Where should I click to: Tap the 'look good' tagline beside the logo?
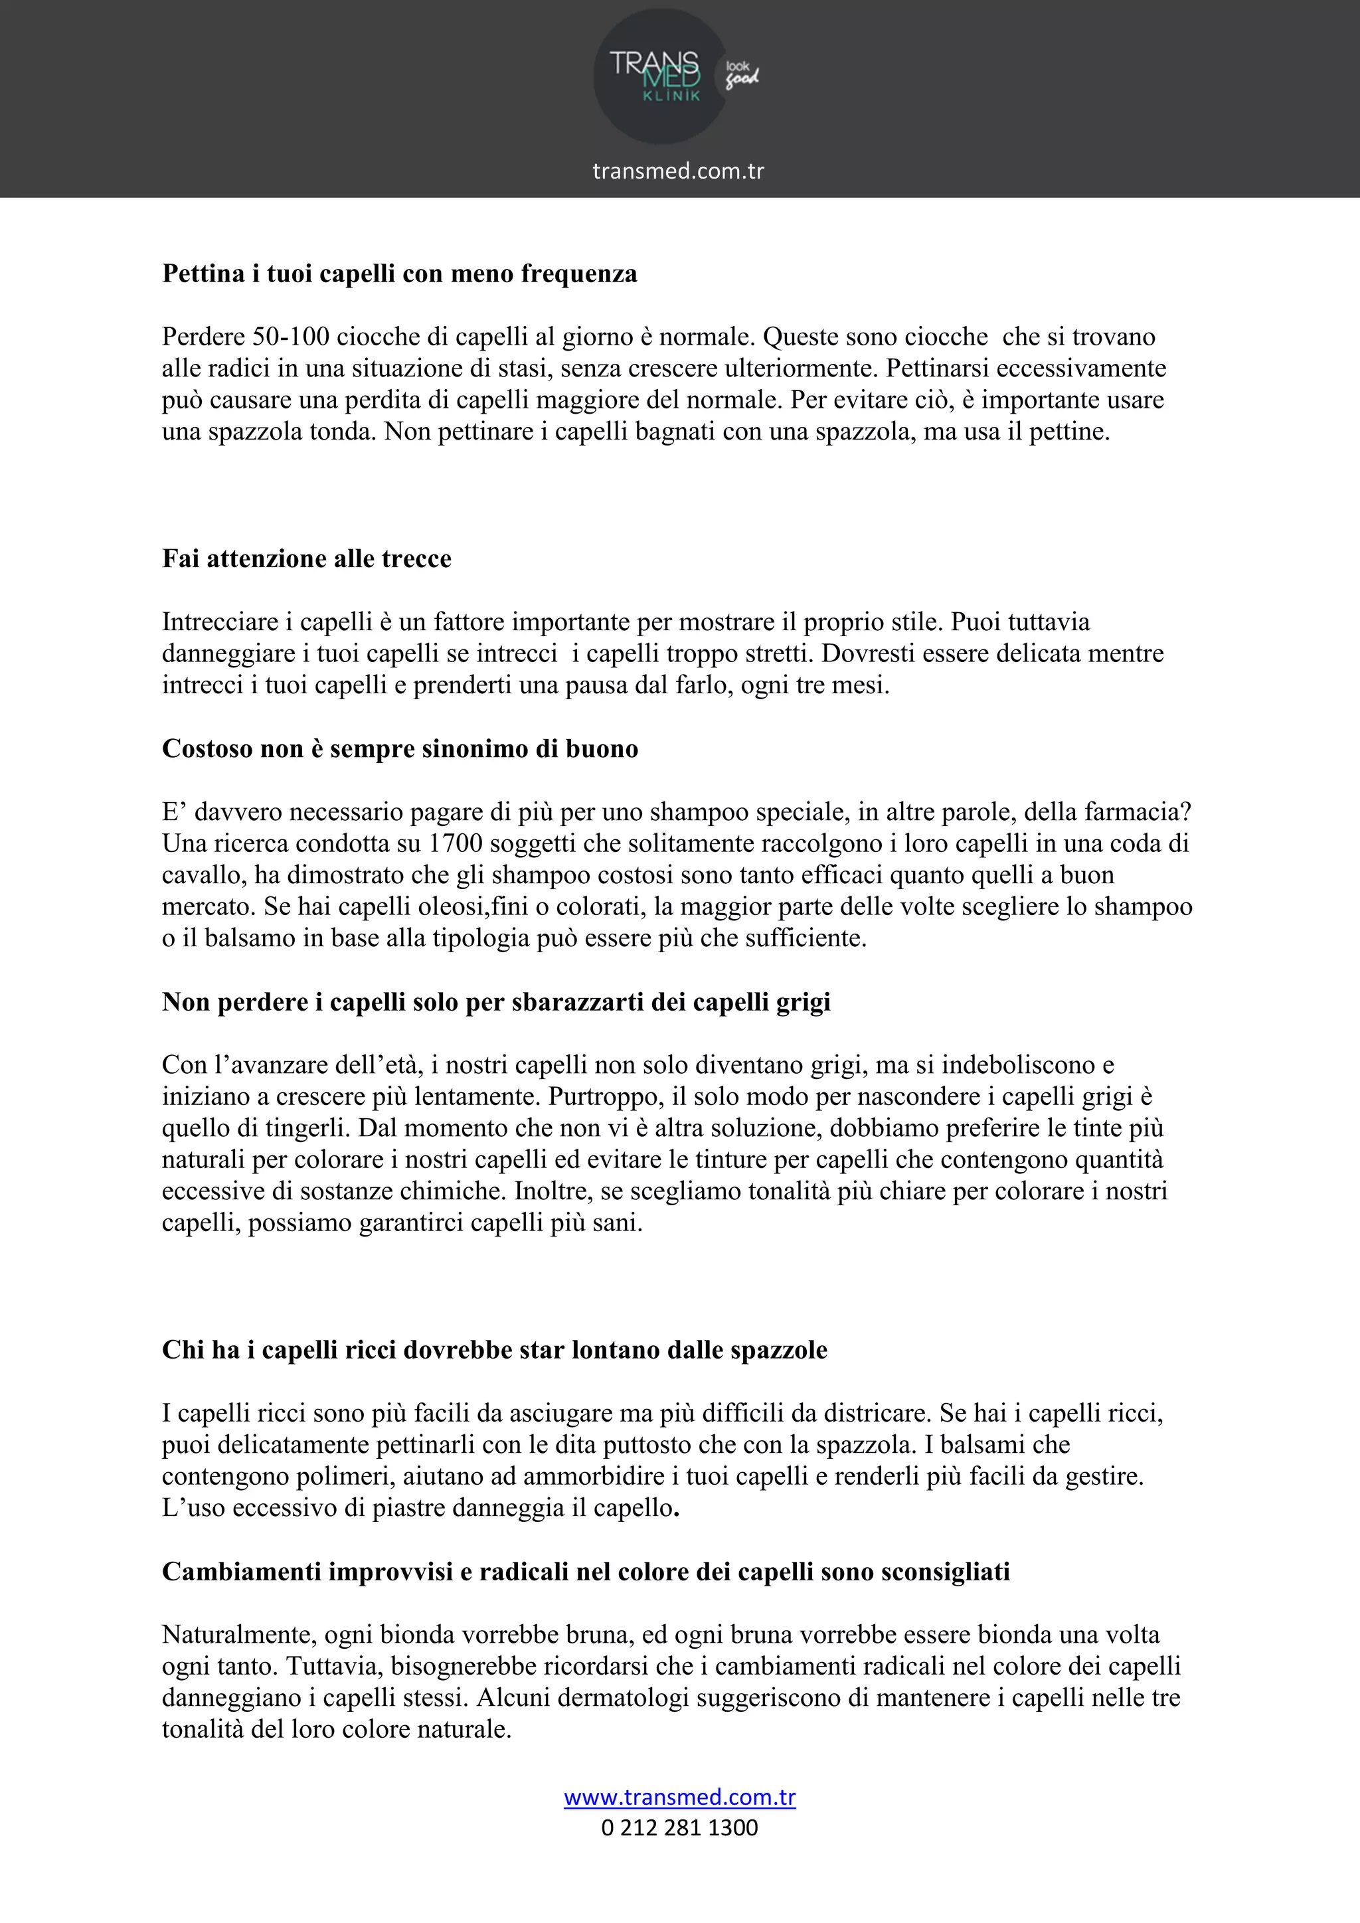741,74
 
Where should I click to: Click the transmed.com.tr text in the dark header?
678,171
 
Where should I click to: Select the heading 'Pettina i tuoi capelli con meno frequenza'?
400,274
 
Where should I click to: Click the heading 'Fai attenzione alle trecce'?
307,558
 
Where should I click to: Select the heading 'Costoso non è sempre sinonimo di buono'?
400,749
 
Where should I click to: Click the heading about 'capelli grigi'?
496,1002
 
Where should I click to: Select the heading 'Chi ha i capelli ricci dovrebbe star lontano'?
494,1350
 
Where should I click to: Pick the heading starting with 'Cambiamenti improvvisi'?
585,1572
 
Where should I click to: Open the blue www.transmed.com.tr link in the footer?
679,1798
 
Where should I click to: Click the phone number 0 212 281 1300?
679,1827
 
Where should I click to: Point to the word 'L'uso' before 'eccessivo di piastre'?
193,1509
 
